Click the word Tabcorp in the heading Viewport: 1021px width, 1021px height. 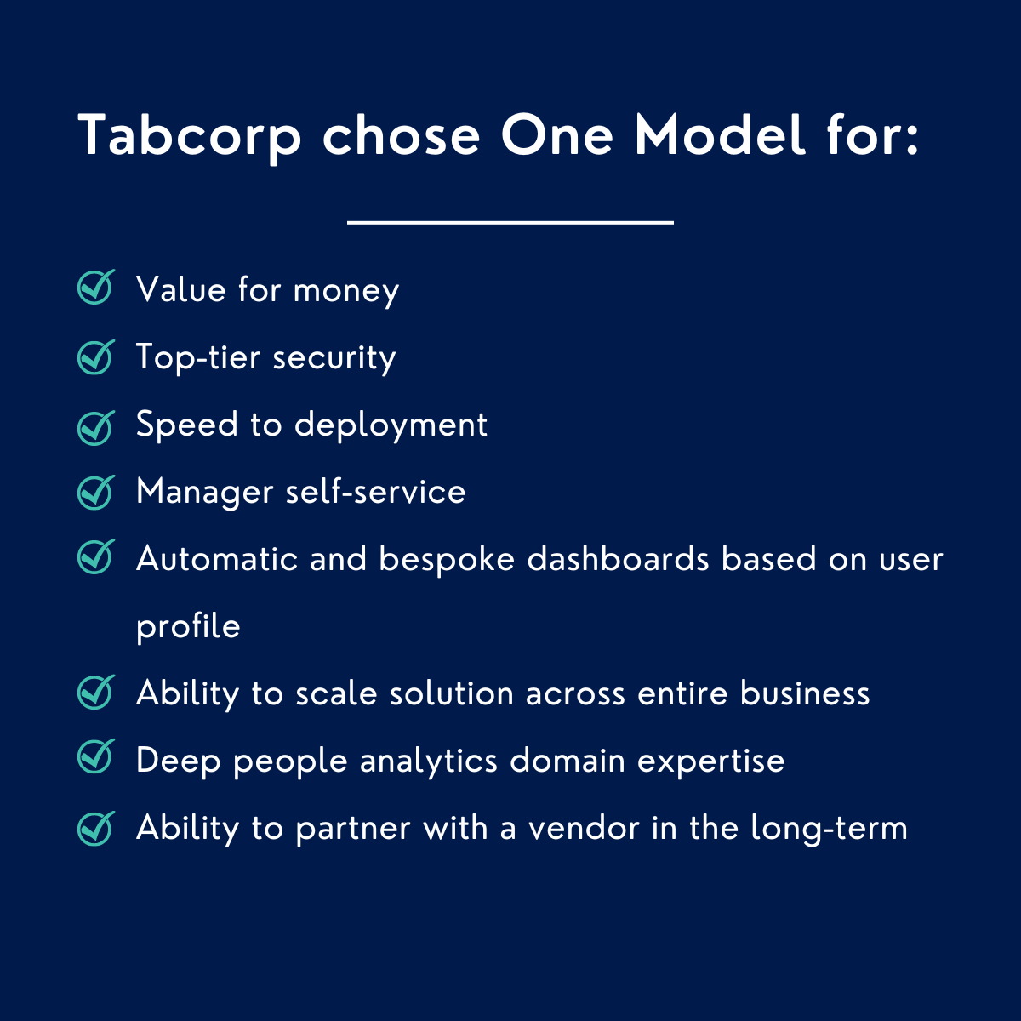coord(190,137)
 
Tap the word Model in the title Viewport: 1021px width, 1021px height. coord(720,135)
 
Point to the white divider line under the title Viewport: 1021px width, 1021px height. coord(510,222)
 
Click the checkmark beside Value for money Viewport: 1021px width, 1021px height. coord(95,288)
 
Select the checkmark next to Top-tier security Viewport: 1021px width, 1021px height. coord(95,356)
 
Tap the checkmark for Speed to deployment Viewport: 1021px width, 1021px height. coord(95,425)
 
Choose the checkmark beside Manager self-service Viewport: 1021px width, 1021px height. coord(95,491)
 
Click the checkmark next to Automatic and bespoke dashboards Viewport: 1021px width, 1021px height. coord(95,557)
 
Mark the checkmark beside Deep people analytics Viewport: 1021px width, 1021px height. coord(95,757)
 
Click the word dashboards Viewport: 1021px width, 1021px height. coord(618,559)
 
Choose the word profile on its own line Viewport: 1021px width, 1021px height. coord(188,627)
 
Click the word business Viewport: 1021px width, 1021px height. coord(805,693)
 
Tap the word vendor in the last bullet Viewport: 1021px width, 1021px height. coord(584,828)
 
